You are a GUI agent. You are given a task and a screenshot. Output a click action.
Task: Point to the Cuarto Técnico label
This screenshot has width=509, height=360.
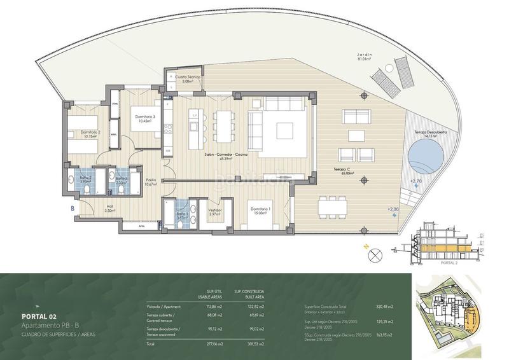[188, 79]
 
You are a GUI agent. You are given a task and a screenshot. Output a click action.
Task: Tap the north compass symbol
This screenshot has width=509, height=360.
[375, 256]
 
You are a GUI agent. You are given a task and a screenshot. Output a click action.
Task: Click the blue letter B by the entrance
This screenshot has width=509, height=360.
[73, 208]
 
